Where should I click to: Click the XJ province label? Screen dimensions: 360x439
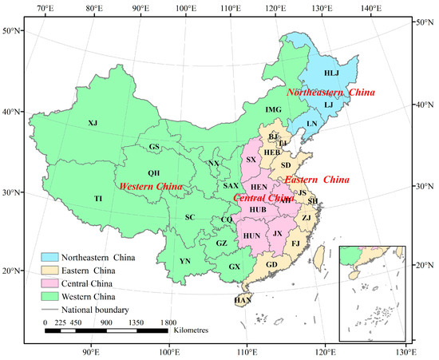point(93,123)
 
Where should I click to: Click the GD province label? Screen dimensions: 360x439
point(271,264)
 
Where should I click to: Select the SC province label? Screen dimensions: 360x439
point(190,217)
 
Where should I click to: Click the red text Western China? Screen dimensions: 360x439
point(151,186)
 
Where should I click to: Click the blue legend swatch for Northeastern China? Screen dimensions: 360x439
point(53,258)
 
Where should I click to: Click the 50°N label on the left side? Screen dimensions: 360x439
point(11,31)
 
